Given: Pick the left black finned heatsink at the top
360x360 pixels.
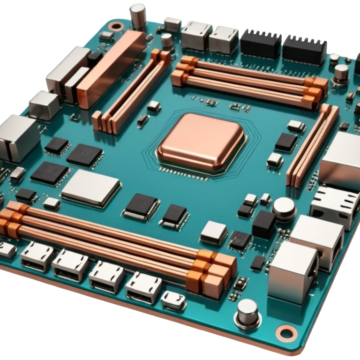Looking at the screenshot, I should click(261, 44).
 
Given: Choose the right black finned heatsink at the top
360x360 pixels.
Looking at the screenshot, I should click(304, 49).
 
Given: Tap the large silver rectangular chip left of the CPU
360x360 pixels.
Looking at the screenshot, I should click(91, 187).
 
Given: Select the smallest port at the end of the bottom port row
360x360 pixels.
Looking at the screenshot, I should click(173, 300).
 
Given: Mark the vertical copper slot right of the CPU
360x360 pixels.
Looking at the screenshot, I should click(313, 145).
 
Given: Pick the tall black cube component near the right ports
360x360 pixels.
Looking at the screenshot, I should click(264, 224).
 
